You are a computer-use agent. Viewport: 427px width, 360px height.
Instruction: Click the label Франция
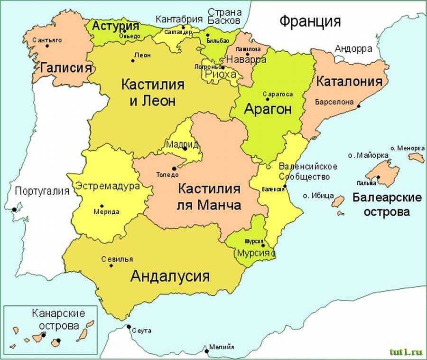click(310, 22)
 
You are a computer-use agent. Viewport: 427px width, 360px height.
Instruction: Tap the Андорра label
click(353, 48)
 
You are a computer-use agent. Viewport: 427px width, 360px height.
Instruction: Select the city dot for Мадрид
click(185, 149)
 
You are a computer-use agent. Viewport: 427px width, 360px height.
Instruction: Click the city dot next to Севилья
click(111, 265)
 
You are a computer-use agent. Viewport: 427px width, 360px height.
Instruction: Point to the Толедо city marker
click(174, 168)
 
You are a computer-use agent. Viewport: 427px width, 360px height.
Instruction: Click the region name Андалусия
click(170, 276)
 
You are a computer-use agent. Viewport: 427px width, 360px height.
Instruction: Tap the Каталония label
click(349, 81)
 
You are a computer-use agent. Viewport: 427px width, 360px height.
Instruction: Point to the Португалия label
click(42, 191)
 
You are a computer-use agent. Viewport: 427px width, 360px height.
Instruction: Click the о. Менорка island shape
click(416, 157)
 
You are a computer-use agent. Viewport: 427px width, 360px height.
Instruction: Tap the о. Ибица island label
click(318, 195)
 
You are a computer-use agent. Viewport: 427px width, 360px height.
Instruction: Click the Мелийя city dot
click(206, 351)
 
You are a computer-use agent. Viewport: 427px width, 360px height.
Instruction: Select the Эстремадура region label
click(108, 186)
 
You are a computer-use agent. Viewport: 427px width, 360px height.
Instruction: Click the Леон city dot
click(132, 60)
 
